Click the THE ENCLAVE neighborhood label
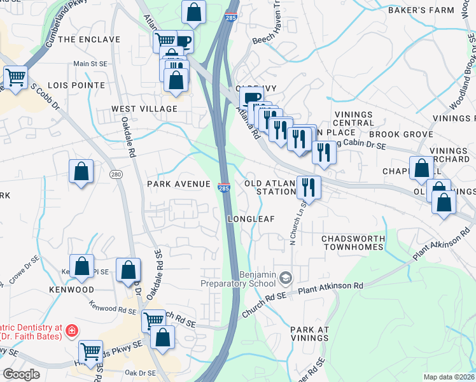click(88, 39)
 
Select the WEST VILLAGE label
click(144, 109)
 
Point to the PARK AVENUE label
click(178, 184)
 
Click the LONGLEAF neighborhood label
click(251, 219)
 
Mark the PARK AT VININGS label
click(309, 334)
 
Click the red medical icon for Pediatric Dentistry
click(71, 330)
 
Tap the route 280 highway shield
click(115, 174)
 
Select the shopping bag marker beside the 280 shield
click(81, 171)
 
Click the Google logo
click(22, 374)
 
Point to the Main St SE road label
click(90, 64)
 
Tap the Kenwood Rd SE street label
click(113, 310)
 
